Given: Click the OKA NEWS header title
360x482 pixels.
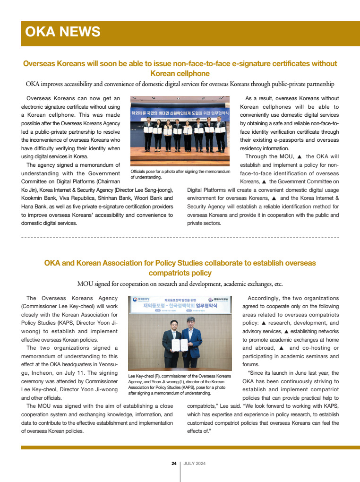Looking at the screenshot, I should [62, 32].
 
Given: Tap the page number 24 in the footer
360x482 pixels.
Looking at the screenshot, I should [173, 464].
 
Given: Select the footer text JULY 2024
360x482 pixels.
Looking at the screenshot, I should [194, 464].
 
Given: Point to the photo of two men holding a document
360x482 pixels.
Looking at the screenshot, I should [180, 333].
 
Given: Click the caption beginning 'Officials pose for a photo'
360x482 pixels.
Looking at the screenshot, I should [180, 174].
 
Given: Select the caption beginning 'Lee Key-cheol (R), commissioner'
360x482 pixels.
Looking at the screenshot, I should [180, 384].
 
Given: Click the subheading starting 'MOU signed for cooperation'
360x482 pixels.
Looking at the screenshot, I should [180, 284].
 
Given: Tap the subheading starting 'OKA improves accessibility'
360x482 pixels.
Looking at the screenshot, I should [180, 84].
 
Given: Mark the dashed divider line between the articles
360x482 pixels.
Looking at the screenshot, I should [180, 237].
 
